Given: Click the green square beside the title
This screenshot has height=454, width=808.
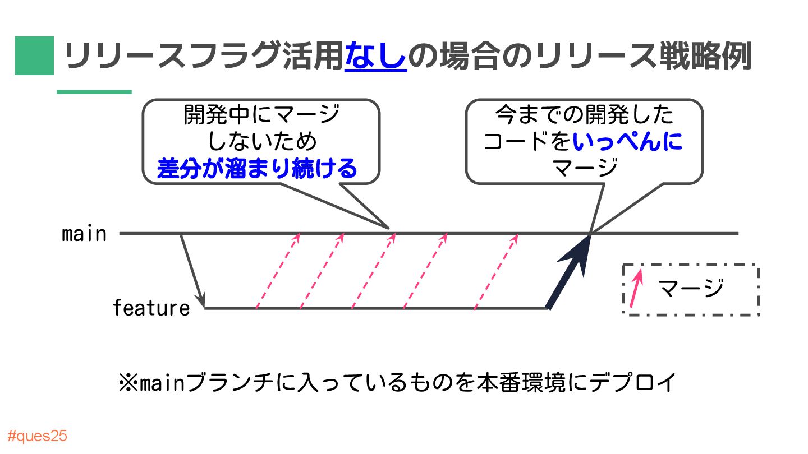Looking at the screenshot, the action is [x=34, y=55].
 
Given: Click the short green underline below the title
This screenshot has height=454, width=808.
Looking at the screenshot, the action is [x=94, y=92].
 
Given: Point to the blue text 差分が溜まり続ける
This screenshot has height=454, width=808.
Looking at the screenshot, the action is [x=257, y=168].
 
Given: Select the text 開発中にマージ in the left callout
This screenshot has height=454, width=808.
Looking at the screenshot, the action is [x=261, y=116].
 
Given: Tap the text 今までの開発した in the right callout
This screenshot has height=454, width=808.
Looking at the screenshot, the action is [x=584, y=116].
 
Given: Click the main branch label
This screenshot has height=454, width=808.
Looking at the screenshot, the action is [x=84, y=234].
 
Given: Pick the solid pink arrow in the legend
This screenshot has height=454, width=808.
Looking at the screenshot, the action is [x=636, y=289].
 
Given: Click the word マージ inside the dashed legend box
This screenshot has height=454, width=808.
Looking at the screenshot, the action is [x=691, y=289].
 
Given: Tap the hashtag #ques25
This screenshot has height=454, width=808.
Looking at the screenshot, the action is [x=38, y=437].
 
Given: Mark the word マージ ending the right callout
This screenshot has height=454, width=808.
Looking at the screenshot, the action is [x=584, y=166].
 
